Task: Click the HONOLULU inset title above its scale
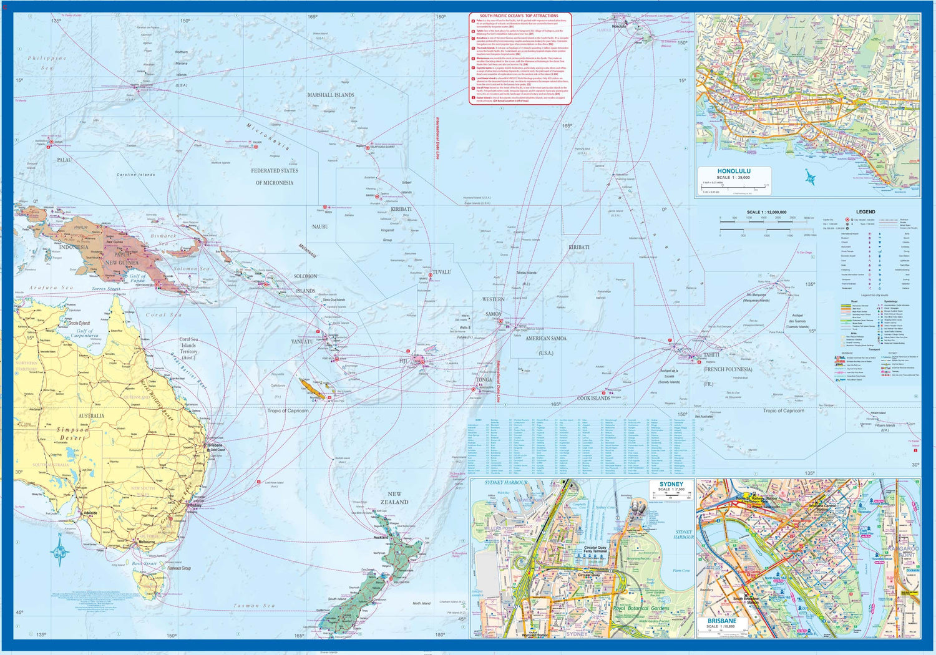tap(734, 171)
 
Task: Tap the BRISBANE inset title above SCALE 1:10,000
tap(721, 621)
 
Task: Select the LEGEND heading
tap(865, 212)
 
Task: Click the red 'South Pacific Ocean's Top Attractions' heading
tap(519, 16)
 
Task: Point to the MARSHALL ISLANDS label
tap(331, 95)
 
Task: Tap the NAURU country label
tap(320, 226)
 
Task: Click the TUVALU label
tap(441, 273)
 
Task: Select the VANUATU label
tap(302, 342)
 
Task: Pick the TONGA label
tap(484, 380)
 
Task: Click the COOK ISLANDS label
tap(593, 398)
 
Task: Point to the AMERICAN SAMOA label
tap(546, 338)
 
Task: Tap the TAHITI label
tap(711, 354)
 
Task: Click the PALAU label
tap(64, 160)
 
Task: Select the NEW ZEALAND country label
tap(394, 498)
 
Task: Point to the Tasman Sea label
tap(254, 606)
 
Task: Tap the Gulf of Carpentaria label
tap(85, 334)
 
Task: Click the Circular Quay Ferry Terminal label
tap(595, 550)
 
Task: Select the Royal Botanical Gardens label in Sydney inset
tap(641, 608)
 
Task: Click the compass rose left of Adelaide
tap(60, 551)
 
